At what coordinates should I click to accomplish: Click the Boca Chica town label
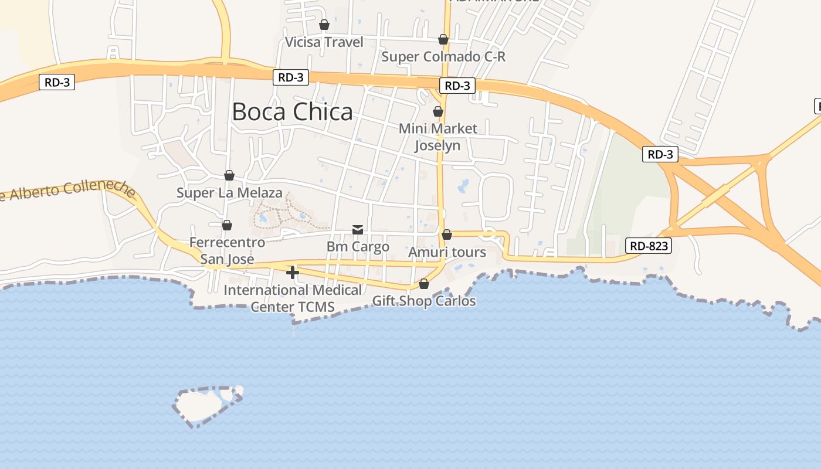(x=293, y=111)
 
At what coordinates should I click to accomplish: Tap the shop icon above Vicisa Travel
(x=324, y=25)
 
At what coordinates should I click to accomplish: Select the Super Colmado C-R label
(x=443, y=57)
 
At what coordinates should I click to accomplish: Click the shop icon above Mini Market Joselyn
(x=437, y=111)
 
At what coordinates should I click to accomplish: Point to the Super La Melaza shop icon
(x=229, y=175)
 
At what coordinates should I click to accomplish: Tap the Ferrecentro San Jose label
(x=228, y=251)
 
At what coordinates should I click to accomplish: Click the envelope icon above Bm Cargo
(x=358, y=229)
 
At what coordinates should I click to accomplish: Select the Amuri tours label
(x=447, y=253)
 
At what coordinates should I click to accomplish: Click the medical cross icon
(x=293, y=272)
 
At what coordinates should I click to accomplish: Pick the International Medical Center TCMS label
(x=293, y=298)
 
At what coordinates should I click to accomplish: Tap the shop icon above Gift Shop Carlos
(x=424, y=284)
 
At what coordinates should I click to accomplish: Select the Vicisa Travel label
(x=324, y=42)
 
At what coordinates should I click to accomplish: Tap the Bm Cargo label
(x=358, y=247)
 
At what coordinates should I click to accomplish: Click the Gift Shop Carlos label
(x=424, y=301)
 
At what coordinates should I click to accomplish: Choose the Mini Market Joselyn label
(x=438, y=137)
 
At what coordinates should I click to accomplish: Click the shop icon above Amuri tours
(x=447, y=235)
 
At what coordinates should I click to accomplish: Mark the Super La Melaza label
(x=229, y=193)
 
